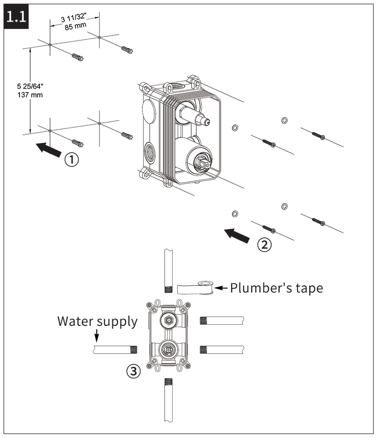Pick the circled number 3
[133, 372]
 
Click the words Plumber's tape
[277, 287]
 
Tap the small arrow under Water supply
[96, 337]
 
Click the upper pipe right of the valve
[221, 320]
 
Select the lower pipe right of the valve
[221, 350]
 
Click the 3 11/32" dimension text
[74, 20]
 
